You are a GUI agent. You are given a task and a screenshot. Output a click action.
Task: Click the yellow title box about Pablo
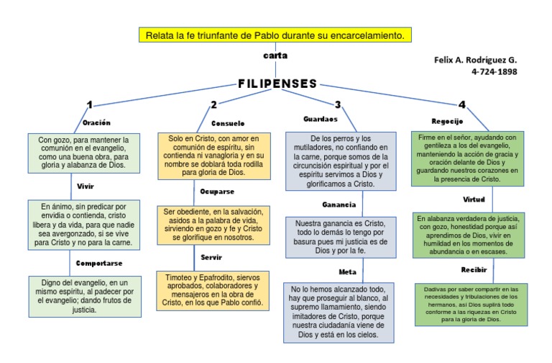(275, 35)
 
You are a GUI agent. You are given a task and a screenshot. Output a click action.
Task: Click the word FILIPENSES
(277, 84)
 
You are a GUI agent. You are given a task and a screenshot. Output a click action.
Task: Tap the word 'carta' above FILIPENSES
(275, 55)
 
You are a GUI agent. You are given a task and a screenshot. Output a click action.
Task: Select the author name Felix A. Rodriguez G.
(475, 60)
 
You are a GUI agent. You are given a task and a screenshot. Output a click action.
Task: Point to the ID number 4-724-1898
(494, 71)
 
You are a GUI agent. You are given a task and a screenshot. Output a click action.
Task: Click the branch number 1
(89, 105)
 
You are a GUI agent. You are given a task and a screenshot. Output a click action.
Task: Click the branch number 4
(461, 105)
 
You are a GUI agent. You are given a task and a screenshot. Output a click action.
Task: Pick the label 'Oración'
(96, 122)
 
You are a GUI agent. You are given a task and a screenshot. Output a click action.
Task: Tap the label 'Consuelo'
(228, 123)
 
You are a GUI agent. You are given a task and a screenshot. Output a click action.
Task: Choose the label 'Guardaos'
(321, 119)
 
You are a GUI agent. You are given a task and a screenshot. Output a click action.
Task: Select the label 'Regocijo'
(447, 121)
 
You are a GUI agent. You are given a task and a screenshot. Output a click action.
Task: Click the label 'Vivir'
(86, 186)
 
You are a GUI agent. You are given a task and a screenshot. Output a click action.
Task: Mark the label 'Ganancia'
(339, 205)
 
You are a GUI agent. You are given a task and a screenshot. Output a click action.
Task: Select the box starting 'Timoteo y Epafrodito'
(213, 290)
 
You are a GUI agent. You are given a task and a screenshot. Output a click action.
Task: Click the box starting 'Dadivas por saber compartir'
(471, 304)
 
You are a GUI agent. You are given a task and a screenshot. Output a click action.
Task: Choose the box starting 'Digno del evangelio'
(85, 296)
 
